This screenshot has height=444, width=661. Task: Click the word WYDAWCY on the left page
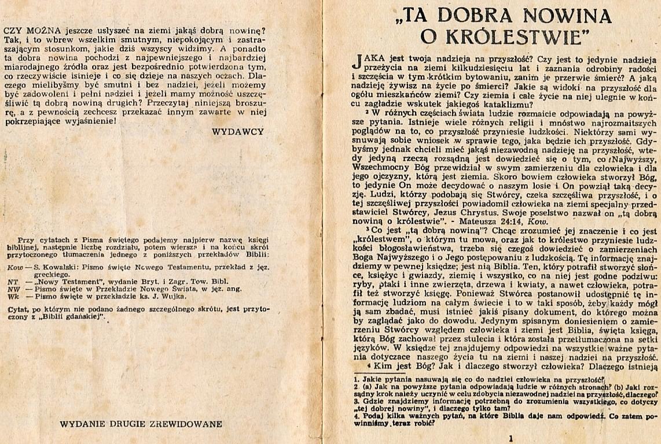point(237,131)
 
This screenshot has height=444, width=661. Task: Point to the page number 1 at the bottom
point(510,438)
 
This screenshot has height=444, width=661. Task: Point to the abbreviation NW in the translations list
point(14,289)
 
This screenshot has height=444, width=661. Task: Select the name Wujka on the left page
point(174,296)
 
